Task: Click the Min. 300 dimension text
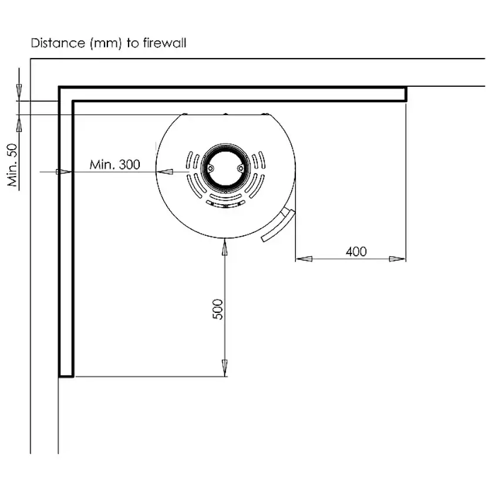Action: pyautogui.click(x=114, y=164)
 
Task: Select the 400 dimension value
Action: pyautogui.click(x=356, y=251)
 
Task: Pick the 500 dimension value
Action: pyautogui.click(x=217, y=309)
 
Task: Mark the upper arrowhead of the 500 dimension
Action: pyautogui.click(x=224, y=248)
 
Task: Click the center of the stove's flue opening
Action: pyautogui.click(x=224, y=167)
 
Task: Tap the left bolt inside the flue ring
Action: pyautogui.click(x=209, y=167)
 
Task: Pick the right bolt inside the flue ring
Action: pyautogui.click(x=239, y=167)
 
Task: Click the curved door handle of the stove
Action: pyautogui.click(x=278, y=225)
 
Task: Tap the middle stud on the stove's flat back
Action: pyautogui.click(x=225, y=114)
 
